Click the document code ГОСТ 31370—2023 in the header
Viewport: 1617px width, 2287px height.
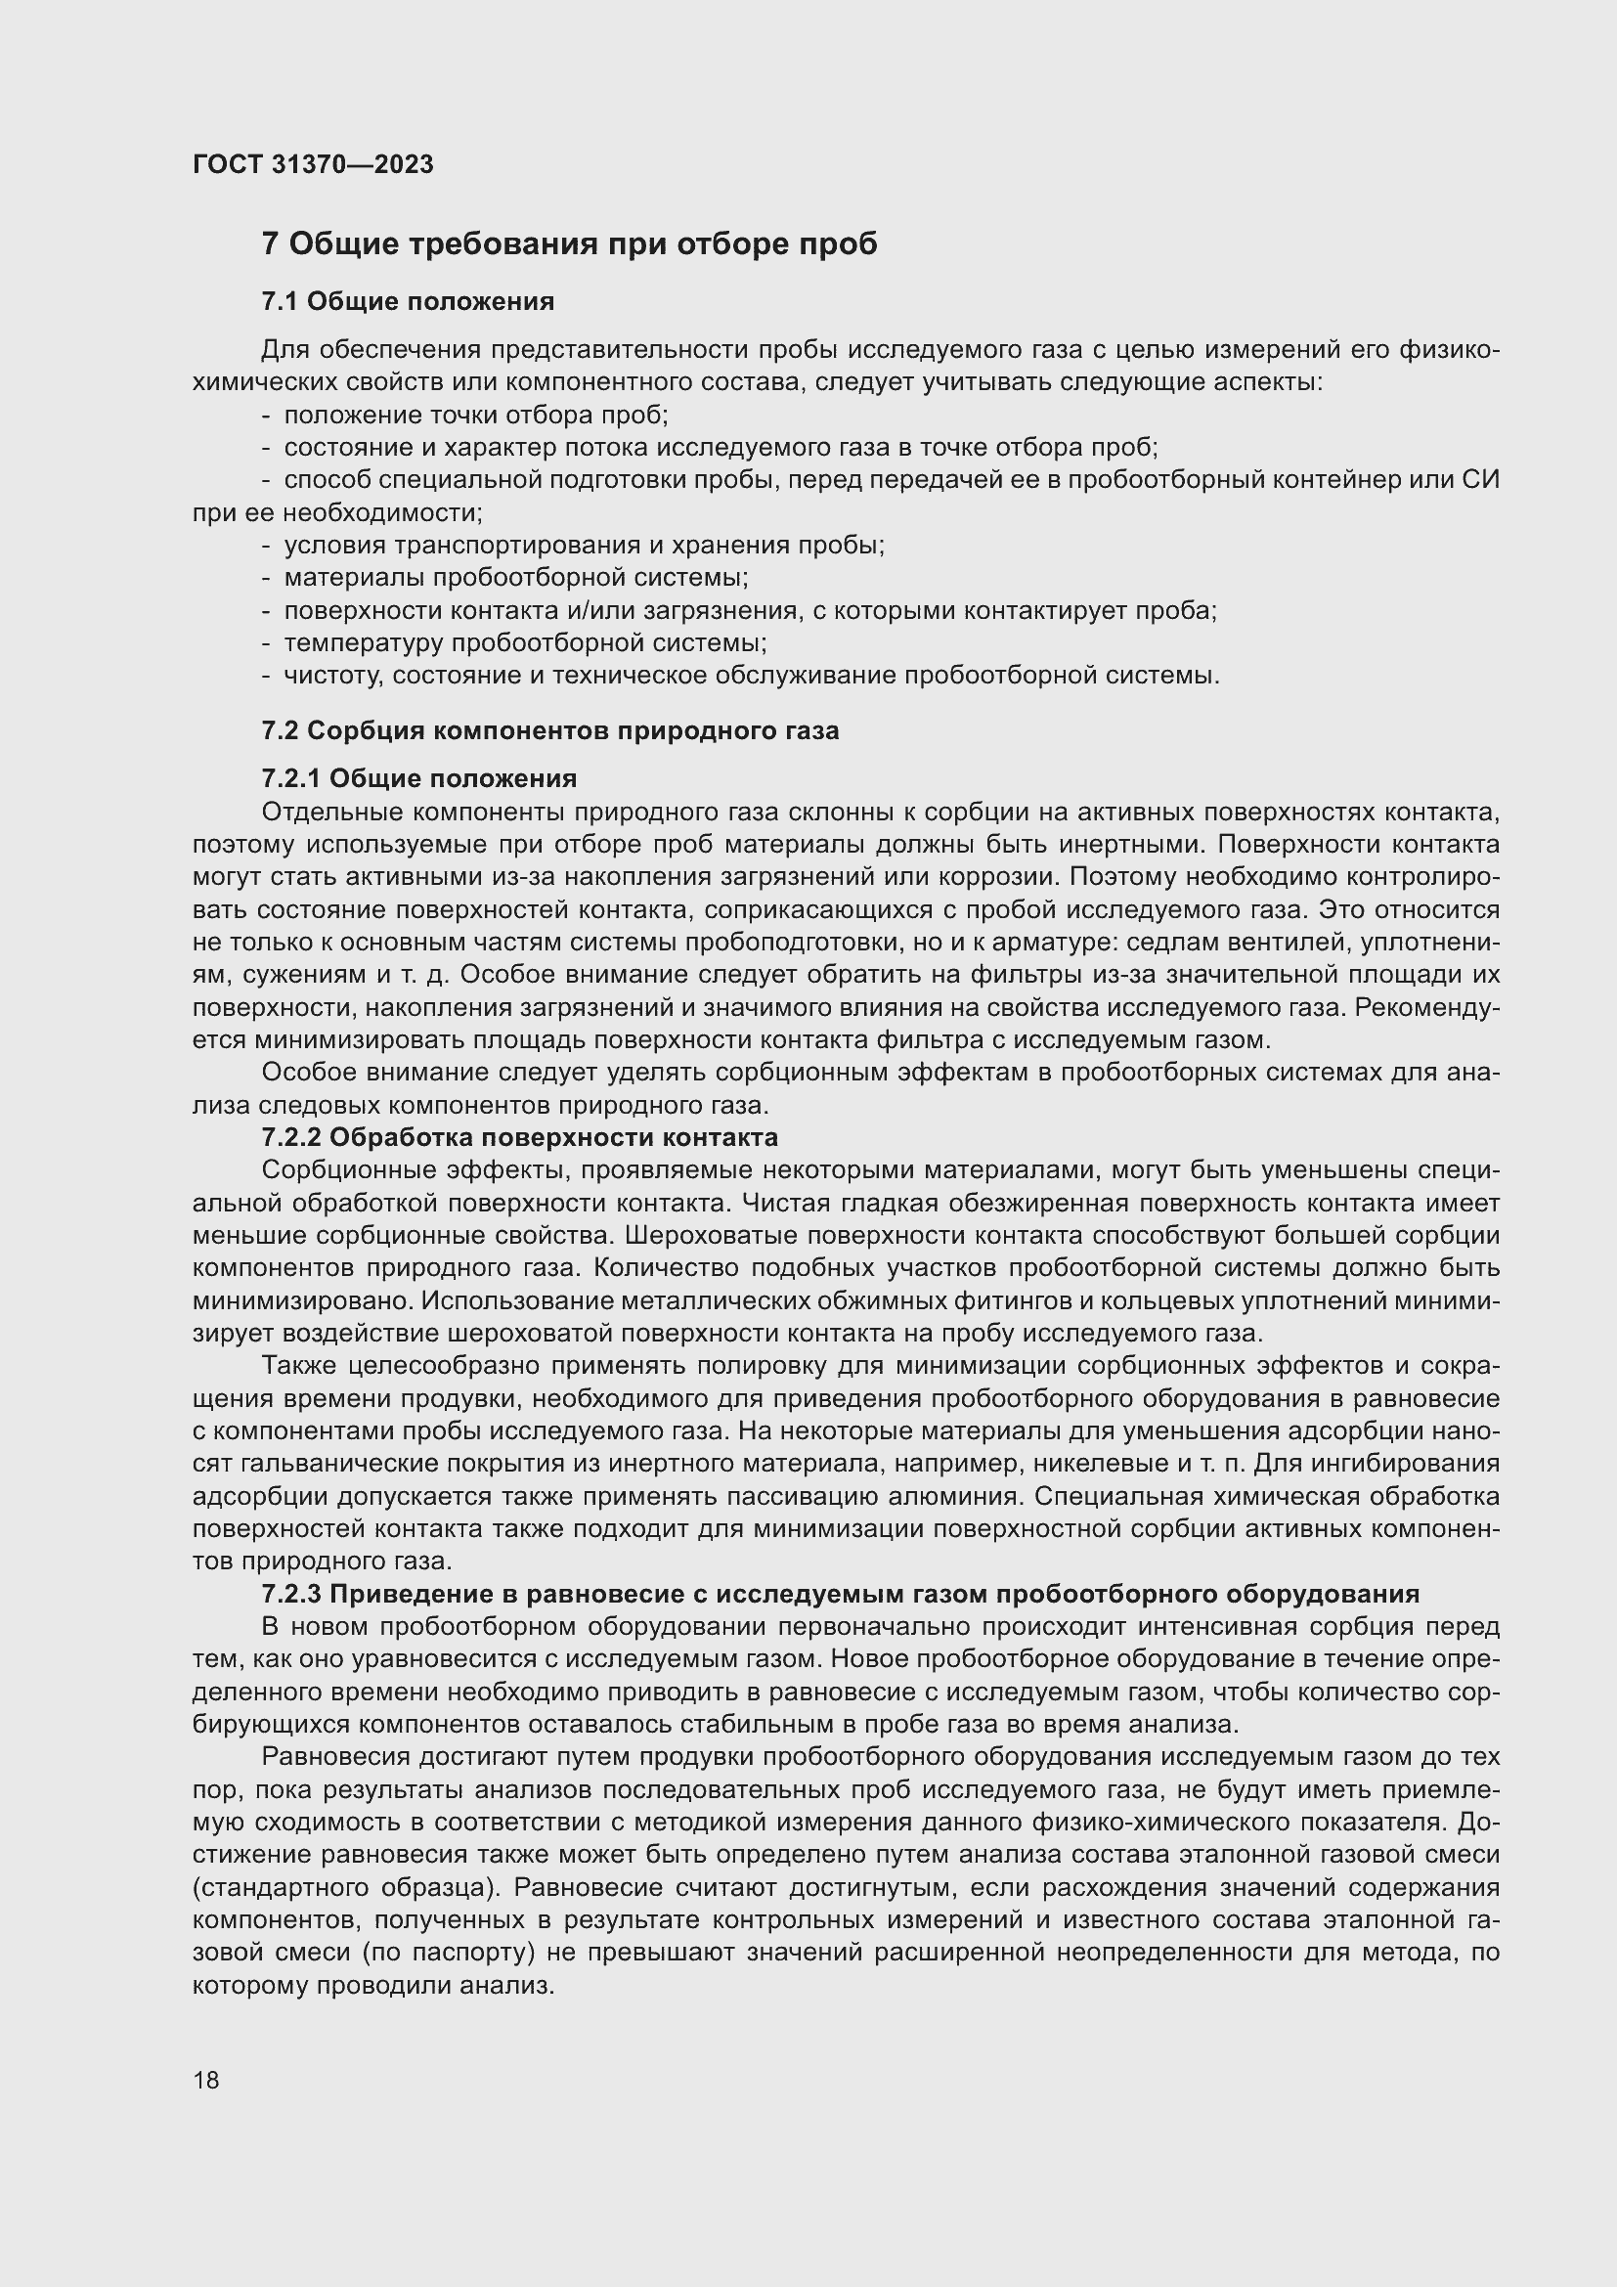[313, 164]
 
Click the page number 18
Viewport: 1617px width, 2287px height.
[206, 2080]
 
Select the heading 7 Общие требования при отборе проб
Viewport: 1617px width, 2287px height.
[569, 244]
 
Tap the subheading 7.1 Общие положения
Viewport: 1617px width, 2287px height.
[408, 301]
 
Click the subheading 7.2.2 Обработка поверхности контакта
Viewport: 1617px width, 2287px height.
[519, 1136]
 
